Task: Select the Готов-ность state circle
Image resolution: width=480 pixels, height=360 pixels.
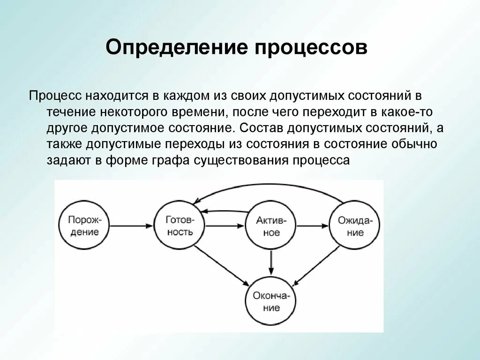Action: pyautogui.click(x=180, y=225)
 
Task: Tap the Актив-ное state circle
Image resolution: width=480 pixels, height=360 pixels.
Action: pyautogui.click(x=271, y=225)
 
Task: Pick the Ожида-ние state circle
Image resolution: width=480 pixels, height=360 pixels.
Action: pyautogui.click(x=354, y=225)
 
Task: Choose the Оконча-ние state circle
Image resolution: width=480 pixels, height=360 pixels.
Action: pyautogui.click(x=271, y=301)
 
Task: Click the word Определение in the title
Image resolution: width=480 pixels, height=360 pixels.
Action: pyautogui.click(x=177, y=48)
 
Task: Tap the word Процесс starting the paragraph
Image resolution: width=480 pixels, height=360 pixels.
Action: pyautogui.click(x=55, y=96)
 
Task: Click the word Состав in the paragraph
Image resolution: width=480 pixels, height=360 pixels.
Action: pyautogui.click(x=261, y=128)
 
